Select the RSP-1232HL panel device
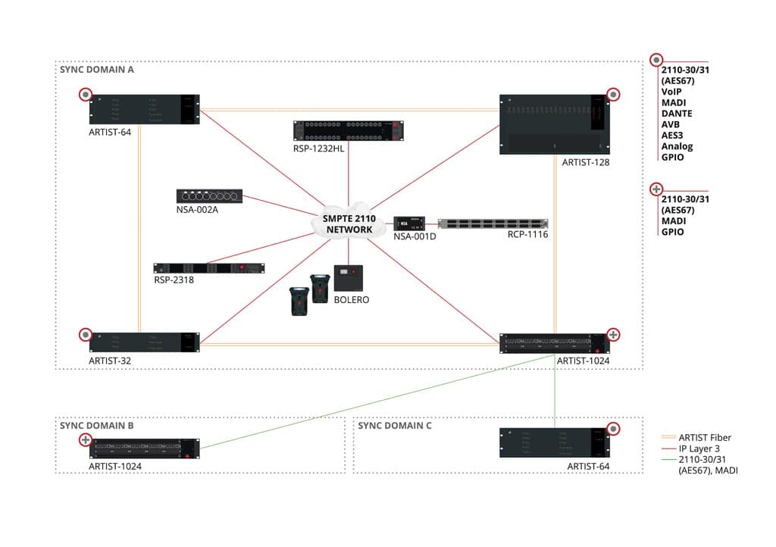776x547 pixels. click(x=349, y=130)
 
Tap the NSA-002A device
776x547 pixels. click(x=209, y=196)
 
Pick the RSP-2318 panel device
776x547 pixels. click(x=209, y=268)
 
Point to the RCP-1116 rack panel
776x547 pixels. click(x=492, y=223)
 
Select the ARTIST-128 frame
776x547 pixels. click(x=554, y=124)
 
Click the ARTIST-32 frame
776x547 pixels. click(x=144, y=342)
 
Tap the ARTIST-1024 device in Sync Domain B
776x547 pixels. click(x=144, y=449)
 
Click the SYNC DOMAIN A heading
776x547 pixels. click(x=96, y=69)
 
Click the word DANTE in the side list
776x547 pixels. click(x=677, y=114)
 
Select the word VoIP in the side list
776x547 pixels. click(x=672, y=92)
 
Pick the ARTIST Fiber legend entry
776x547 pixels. click(x=705, y=437)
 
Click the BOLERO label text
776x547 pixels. click(x=351, y=300)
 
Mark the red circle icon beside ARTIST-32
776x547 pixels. click(x=85, y=334)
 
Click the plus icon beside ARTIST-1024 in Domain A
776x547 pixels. click(x=614, y=334)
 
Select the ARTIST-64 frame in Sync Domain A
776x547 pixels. click(x=144, y=109)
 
